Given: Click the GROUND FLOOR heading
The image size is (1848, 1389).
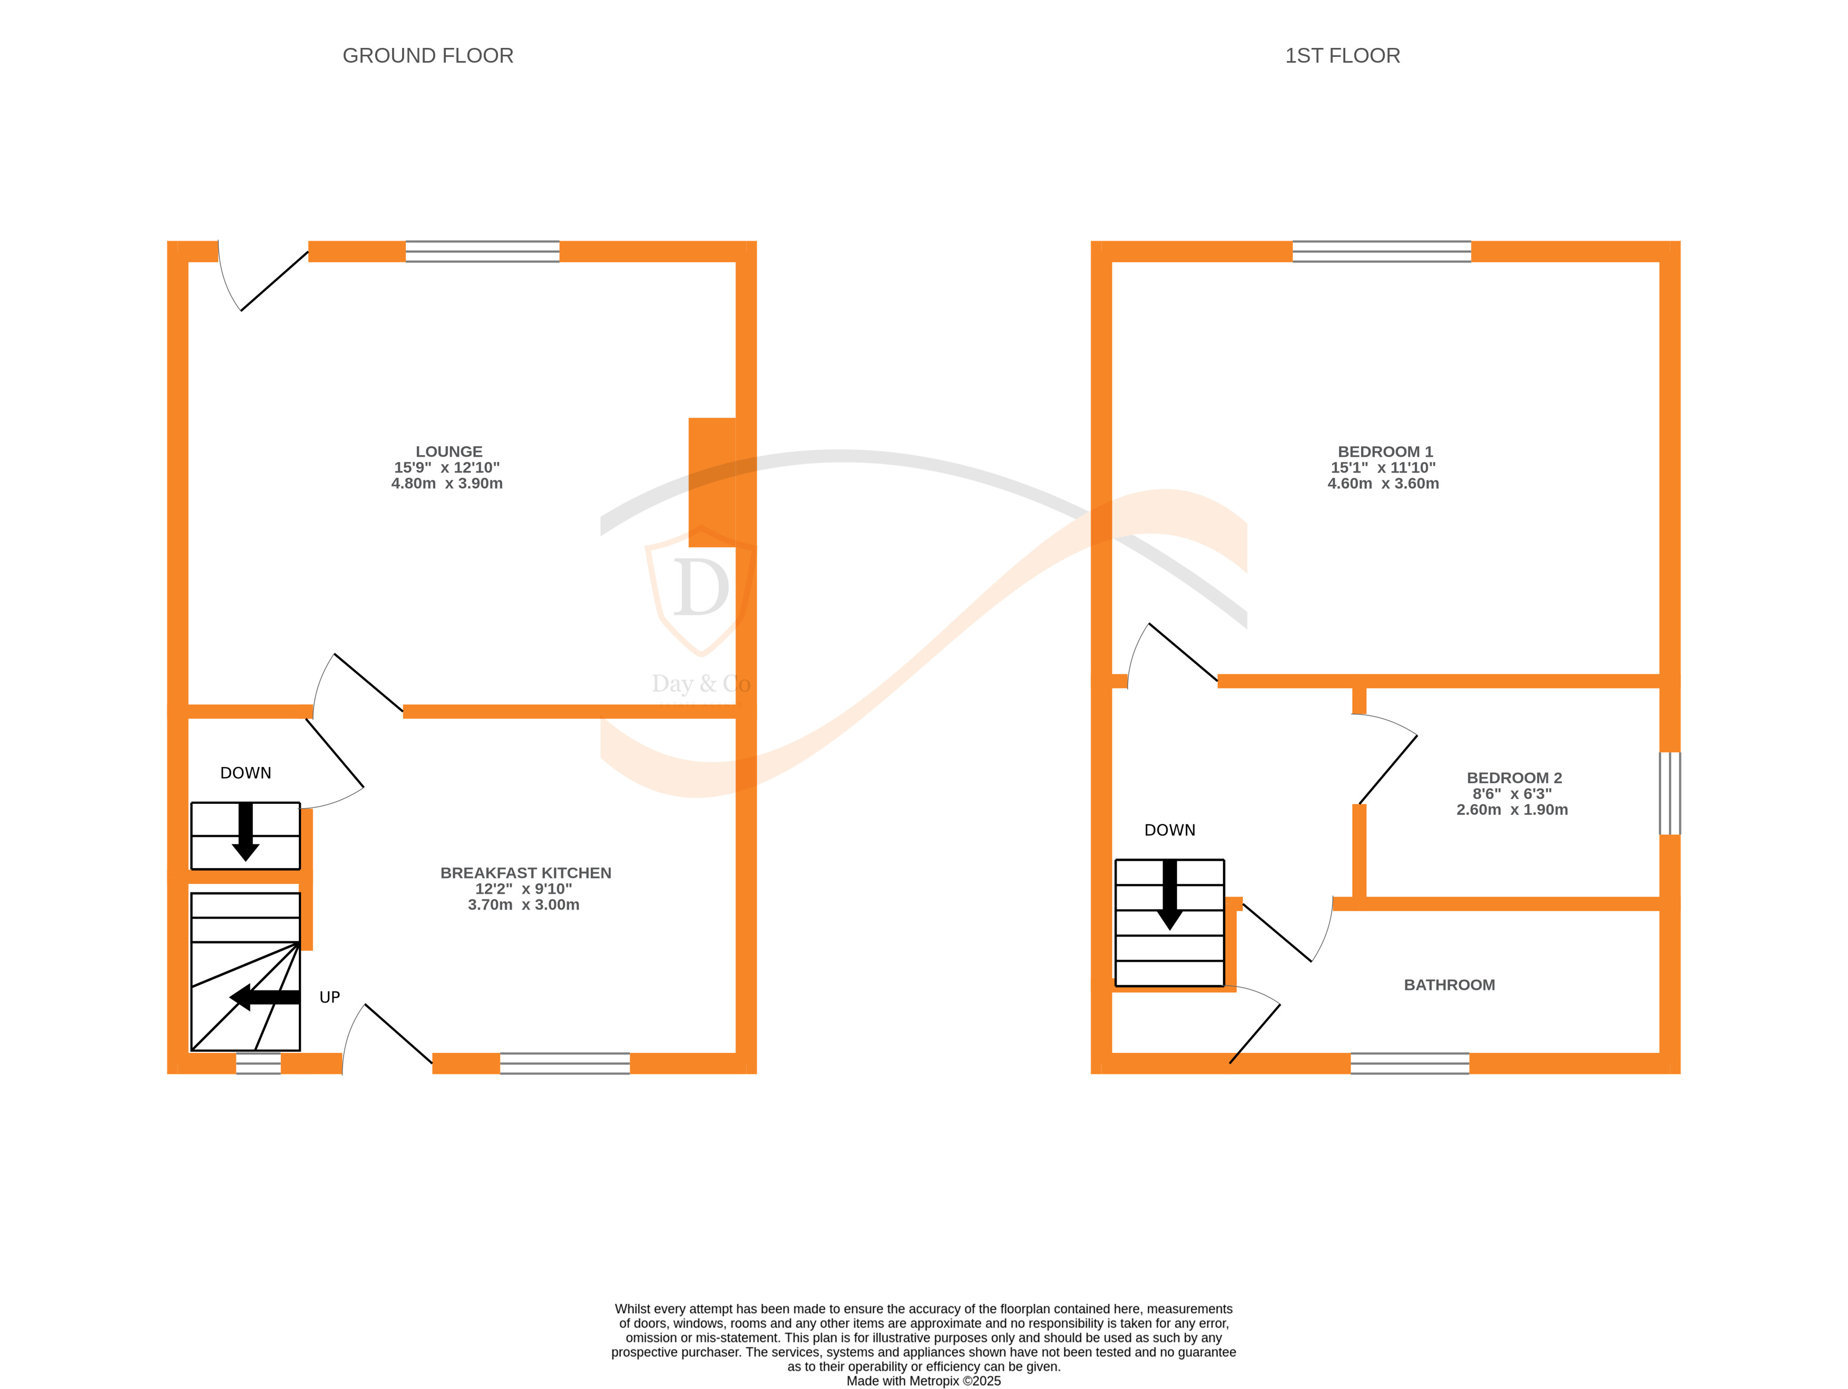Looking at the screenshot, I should coord(428,56).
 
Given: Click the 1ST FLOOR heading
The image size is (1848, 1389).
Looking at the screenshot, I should coord(1342,56).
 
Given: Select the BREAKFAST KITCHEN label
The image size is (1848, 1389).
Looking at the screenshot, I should coord(525,873).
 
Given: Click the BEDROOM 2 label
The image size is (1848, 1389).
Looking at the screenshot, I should coord(1514,777).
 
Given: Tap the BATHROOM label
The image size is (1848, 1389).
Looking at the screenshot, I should coord(1449,985).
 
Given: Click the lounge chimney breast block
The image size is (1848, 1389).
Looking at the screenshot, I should coord(712,483).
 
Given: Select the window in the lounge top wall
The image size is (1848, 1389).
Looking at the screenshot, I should coord(482,251).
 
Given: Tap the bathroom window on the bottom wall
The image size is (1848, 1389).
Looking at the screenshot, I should coord(1410,1063).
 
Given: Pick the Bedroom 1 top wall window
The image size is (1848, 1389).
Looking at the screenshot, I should coord(1381,251).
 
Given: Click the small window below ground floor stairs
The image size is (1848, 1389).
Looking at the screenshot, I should coord(258,1063).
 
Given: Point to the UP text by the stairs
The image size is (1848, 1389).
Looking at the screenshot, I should coord(329,997).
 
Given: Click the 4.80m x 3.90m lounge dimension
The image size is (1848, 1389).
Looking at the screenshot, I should coord(447,484).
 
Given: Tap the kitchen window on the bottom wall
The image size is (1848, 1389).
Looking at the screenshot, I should coord(565,1063).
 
